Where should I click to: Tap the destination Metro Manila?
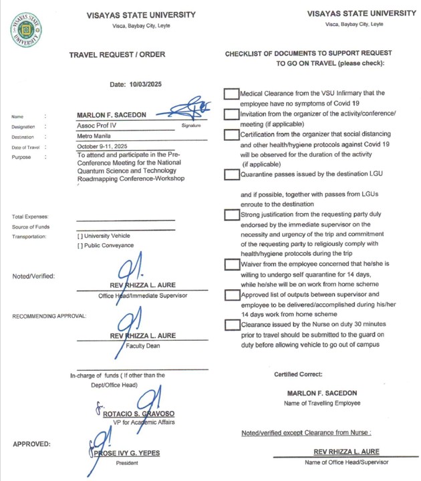[x=96, y=136]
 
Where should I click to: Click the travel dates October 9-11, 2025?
[x=103, y=147]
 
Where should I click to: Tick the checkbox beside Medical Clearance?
[x=231, y=94]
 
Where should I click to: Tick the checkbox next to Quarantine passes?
[x=231, y=175]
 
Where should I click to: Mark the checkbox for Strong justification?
[x=231, y=215]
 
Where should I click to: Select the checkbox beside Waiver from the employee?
[x=231, y=265]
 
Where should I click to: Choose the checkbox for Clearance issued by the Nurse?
[x=231, y=325]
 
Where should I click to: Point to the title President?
[x=126, y=462]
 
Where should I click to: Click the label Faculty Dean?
[x=142, y=346]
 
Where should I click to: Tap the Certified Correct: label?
[x=298, y=375]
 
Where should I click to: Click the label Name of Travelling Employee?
[x=322, y=403]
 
